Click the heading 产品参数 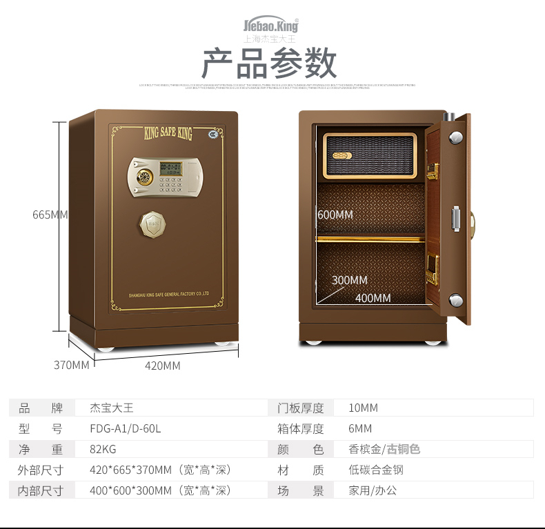tap(269, 64)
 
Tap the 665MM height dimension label tap(50, 214)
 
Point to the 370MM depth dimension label tap(72, 365)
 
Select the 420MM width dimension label tap(162, 366)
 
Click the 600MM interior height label tap(335, 214)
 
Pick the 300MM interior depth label tap(349, 280)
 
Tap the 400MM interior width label tap(373, 298)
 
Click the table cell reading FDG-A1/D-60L tap(126, 428)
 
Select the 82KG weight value tap(103, 449)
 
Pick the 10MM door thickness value tap(363, 408)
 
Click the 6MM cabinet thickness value tap(360, 428)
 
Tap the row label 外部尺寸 tap(40, 470)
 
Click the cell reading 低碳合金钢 tap(376, 470)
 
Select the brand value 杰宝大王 tap(112, 408)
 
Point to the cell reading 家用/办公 tap(373, 490)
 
